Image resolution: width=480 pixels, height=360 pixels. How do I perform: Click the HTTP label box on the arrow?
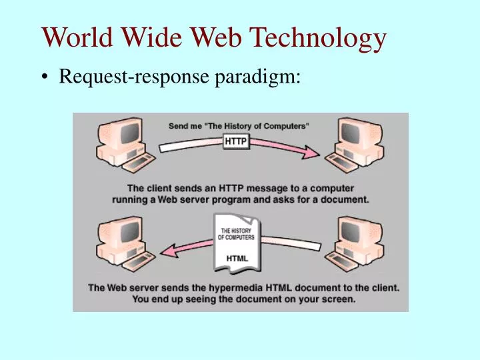236,141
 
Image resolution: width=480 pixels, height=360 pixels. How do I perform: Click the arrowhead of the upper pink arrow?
313,154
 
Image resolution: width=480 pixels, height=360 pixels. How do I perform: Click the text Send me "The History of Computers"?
239,125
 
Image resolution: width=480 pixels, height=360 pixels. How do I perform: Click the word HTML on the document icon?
237,258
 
